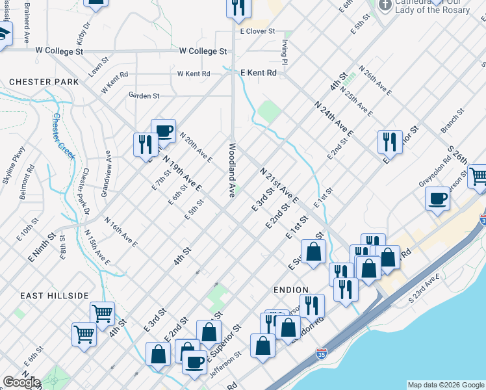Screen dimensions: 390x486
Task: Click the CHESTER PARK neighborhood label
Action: tap(44, 82)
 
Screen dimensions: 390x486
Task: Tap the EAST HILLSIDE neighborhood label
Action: tap(54, 296)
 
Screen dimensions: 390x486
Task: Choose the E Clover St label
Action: tap(257, 31)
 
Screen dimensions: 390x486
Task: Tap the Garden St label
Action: tap(144, 96)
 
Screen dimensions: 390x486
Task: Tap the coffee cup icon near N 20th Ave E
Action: tap(164, 130)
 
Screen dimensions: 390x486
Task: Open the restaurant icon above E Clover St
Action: tap(238, 6)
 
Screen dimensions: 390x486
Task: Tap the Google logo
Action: tap(21, 382)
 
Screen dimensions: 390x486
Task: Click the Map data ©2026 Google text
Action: tap(446, 385)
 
